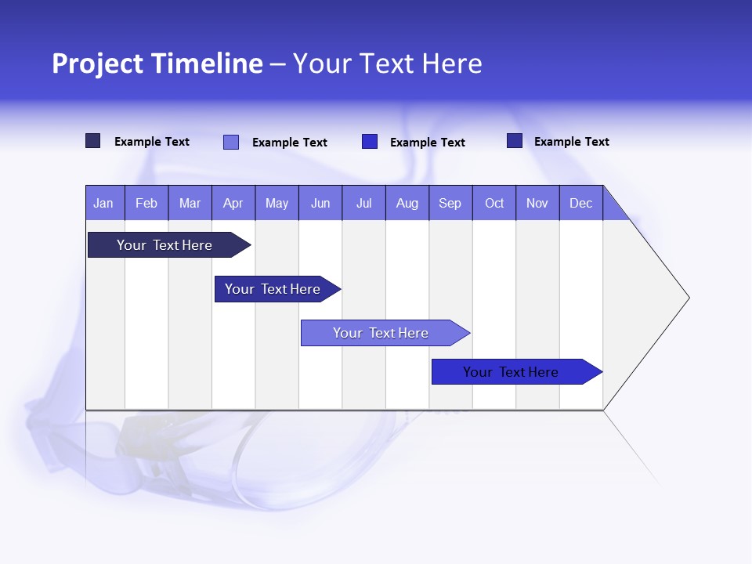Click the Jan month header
click(103, 203)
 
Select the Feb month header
click(146, 203)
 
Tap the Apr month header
click(233, 203)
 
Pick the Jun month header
click(320, 203)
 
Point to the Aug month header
click(407, 203)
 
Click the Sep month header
click(450, 203)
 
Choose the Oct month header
click(494, 203)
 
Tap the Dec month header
click(581, 203)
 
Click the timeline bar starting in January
click(164, 245)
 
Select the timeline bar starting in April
click(273, 289)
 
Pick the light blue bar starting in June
click(381, 333)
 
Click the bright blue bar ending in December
click(511, 372)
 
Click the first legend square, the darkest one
click(93, 141)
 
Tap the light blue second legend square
click(231, 142)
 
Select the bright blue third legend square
click(370, 142)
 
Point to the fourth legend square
click(515, 141)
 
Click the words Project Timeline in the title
click(157, 63)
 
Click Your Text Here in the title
click(388, 63)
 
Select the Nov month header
click(537, 203)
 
